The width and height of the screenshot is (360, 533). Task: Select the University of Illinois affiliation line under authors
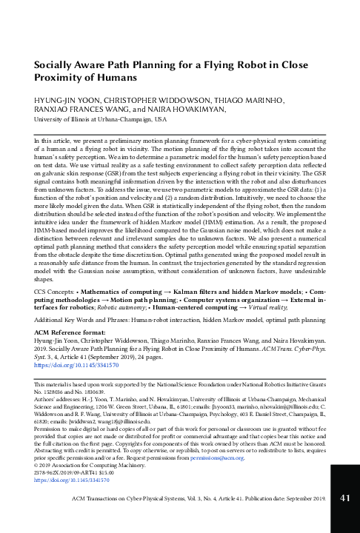pyautogui.click(x=96, y=118)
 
